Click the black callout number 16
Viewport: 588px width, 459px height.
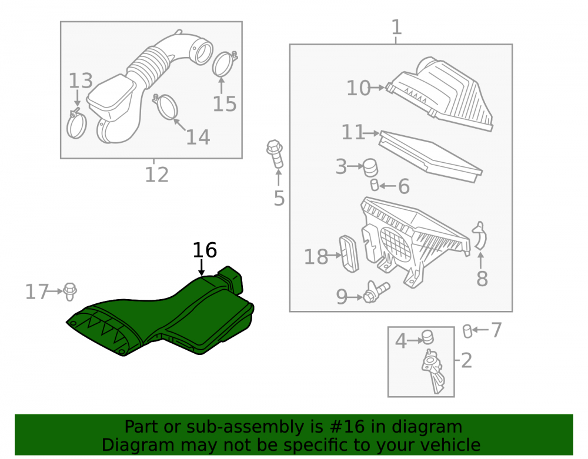[x=205, y=250]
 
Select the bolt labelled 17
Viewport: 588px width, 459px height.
[x=70, y=292]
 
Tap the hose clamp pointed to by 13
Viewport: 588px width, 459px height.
[x=76, y=123]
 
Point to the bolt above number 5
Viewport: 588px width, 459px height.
[x=275, y=154]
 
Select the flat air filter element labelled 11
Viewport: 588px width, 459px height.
[x=430, y=156]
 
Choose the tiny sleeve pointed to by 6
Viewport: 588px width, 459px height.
[x=374, y=185]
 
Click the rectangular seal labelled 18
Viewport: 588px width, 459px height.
[x=349, y=254]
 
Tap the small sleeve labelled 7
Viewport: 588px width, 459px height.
[x=467, y=331]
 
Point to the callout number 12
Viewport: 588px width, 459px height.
[x=157, y=175]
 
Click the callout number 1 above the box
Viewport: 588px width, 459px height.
[x=396, y=28]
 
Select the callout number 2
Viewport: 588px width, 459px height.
[x=466, y=360]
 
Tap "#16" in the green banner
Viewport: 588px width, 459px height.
[x=347, y=427]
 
